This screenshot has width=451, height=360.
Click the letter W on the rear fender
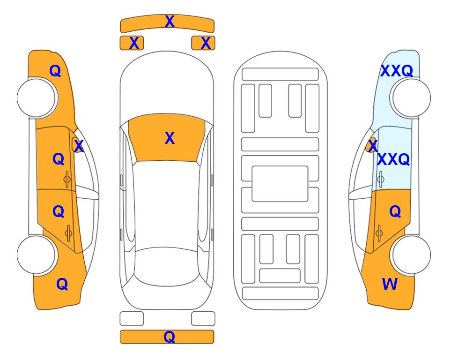pyautogui.click(x=390, y=284)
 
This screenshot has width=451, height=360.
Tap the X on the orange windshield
pyautogui.click(x=170, y=138)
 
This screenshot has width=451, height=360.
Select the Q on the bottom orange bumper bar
pyautogui.click(x=170, y=337)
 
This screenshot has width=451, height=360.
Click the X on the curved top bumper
pyautogui.click(x=170, y=22)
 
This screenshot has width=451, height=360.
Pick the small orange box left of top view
pyautogui.click(x=132, y=43)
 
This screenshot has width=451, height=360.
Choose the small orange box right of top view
pyautogui.click(x=203, y=43)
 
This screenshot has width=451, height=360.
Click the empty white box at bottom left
pyautogui.click(x=132, y=319)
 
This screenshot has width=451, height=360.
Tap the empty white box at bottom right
pyautogui.click(x=203, y=319)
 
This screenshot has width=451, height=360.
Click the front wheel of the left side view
pyautogui.click(x=37, y=98)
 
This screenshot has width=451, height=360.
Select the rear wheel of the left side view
pyautogui.click(x=37, y=255)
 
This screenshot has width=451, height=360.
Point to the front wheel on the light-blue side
pyautogui.click(x=411, y=98)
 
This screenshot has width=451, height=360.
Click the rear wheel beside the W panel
pyautogui.click(x=411, y=255)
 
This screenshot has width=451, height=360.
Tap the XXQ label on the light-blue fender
pyautogui.click(x=397, y=71)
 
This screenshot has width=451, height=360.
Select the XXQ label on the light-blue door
pyautogui.click(x=393, y=159)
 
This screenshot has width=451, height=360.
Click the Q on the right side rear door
pyautogui.click(x=395, y=212)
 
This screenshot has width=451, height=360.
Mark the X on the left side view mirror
pyautogui.click(x=79, y=146)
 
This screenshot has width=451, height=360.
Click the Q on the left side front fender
pyautogui.click(x=55, y=71)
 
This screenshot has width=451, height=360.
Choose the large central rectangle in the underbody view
pyautogui.click(x=280, y=184)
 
